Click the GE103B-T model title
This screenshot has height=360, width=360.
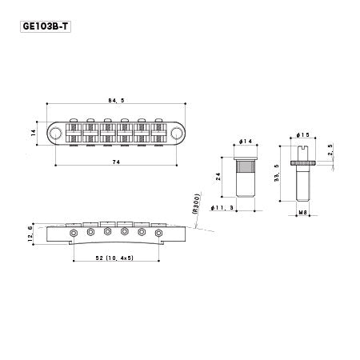click(46, 26)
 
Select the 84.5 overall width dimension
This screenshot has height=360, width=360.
click(116, 101)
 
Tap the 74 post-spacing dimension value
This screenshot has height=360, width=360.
click(116, 162)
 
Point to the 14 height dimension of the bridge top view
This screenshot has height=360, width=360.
click(34, 133)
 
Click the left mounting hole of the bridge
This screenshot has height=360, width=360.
click(55, 133)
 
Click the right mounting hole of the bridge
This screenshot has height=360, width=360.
click(177, 133)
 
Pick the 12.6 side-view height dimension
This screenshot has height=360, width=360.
click(30, 234)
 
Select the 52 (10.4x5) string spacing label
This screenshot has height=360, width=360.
click(114, 258)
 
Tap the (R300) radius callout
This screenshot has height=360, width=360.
click(196, 204)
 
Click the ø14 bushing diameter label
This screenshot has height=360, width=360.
click(246, 142)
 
